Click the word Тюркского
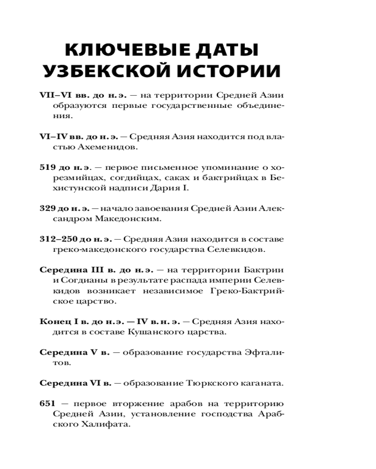point(214,383)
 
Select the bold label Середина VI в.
point(76,383)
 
